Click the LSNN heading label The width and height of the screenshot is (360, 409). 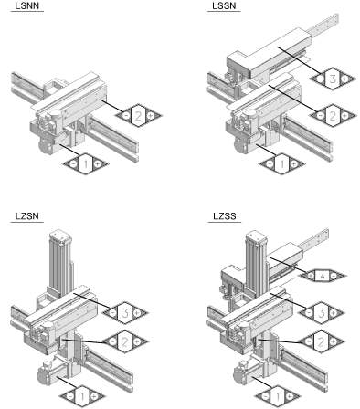click(27, 5)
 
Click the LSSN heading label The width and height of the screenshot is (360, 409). click(224, 5)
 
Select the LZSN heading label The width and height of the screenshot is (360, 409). click(27, 216)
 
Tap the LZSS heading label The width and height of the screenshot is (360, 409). click(225, 216)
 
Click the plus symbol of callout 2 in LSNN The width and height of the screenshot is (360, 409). click(151, 116)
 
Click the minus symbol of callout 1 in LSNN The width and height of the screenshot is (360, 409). click(73, 164)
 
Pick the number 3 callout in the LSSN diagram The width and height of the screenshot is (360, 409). click(333, 79)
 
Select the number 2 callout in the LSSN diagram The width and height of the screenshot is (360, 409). click(333, 116)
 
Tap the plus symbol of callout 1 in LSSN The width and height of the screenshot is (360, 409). click(294, 164)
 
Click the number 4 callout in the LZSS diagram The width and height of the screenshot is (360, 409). click(323, 276)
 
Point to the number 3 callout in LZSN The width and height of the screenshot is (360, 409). click(124, 312)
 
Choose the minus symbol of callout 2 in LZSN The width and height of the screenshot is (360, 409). click(112, 342)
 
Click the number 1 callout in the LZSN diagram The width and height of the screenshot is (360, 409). click(82, 396)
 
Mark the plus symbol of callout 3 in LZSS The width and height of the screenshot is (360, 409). click(334, 312)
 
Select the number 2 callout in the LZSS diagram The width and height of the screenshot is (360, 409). click(321, 342)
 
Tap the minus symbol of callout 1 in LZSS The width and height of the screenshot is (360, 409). click(266, 396)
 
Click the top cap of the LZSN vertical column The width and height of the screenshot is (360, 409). click(60, 236)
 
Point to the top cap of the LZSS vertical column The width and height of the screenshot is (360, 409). click(257, 236)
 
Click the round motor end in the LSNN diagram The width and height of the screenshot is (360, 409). click(45, 147)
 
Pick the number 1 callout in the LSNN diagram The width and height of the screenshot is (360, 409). click(86, 164)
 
